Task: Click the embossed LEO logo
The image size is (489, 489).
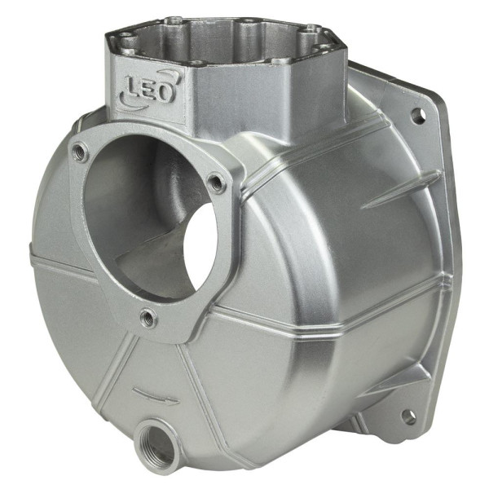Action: [x=149, y=90]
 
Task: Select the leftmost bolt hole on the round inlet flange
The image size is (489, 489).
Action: [x=79, y=152]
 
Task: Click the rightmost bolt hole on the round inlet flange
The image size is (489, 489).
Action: [x=217, y=183]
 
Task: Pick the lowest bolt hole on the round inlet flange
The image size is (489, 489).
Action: [x=148, y=318]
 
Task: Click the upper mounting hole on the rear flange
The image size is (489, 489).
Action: [x=418, y=116]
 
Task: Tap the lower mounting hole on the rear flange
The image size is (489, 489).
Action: [x=409, y=416]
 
